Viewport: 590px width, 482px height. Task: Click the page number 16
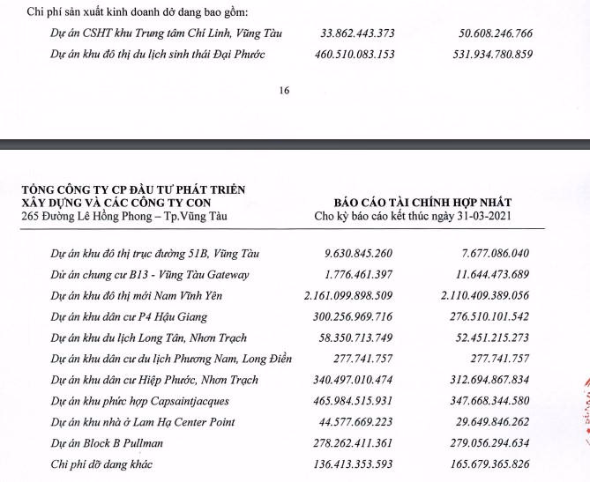coord(283,90)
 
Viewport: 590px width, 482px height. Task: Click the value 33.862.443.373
coord(350,33)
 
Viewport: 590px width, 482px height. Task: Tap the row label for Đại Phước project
coord(158,55)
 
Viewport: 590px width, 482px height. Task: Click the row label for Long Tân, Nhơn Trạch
coord(148,337)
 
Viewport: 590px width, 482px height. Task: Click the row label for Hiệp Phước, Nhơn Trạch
coord(154,380)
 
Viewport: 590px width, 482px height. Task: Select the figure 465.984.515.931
coord(350,401)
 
